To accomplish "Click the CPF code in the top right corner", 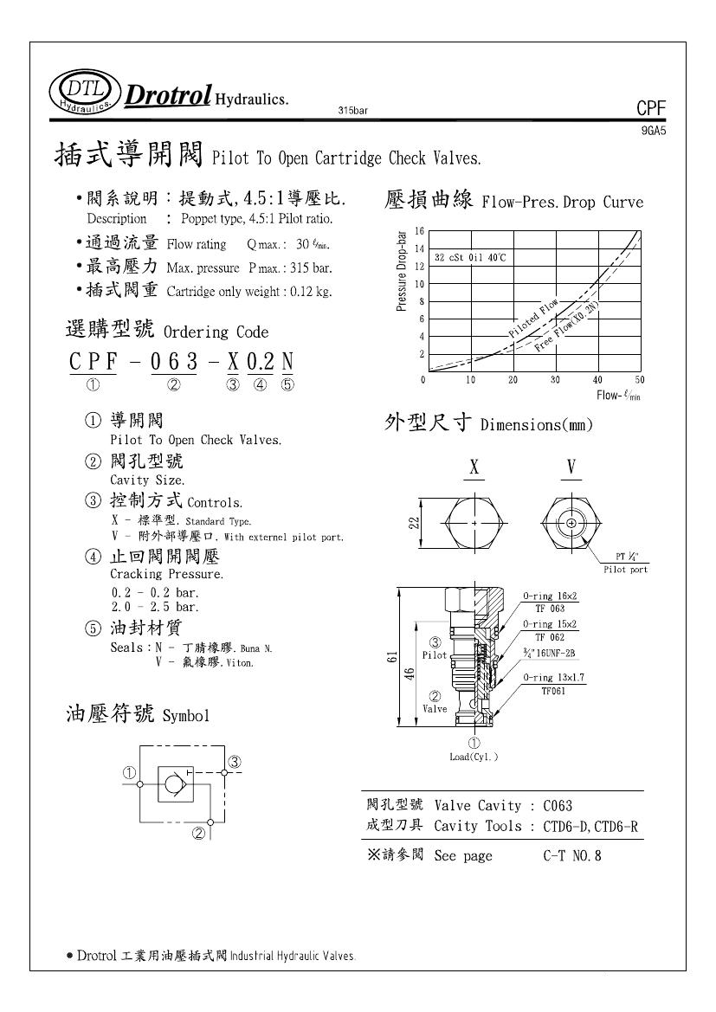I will [650, 109].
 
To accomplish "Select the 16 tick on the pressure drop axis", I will [419, 231].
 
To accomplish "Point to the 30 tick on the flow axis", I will [555, 380].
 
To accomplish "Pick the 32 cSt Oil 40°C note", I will [470, 258].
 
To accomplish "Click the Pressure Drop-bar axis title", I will [402, 272].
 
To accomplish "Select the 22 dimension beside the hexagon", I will [415, 523].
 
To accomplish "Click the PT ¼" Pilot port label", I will [626, 563].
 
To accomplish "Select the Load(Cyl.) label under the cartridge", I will [474, 757].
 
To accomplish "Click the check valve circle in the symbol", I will [171, 784].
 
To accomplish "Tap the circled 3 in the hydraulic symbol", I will [234, 762].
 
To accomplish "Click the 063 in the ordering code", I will [174, 363].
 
